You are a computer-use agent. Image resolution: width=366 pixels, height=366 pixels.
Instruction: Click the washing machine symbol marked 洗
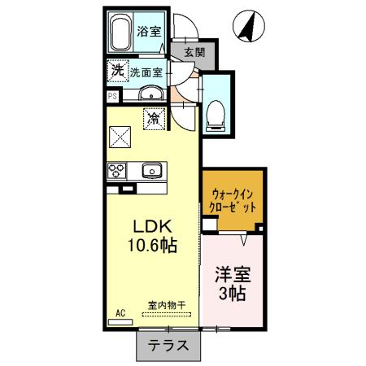pos(118,72)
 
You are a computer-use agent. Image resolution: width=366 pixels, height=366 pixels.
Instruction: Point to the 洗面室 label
pos(147,72)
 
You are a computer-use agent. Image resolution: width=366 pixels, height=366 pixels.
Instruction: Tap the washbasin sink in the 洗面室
pos(151,96)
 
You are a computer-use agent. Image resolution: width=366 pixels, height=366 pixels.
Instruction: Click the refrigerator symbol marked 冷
pos(153,119)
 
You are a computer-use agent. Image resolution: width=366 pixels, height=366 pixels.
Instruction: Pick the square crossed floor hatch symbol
pos(122,136)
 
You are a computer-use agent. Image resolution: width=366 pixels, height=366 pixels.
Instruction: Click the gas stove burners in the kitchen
pos(116,171)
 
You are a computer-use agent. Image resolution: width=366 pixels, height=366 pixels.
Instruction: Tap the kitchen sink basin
pos(151,171)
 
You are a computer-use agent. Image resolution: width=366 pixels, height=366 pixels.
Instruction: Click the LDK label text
pos(151,225)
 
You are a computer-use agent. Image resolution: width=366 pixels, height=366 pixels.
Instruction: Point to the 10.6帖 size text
pos(151,243)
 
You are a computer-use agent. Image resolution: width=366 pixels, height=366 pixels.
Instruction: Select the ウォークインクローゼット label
pos(233,200)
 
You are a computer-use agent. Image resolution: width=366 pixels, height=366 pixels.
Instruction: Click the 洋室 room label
pos(232,273)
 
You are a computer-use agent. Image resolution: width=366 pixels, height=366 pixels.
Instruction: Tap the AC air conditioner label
pos(120,312)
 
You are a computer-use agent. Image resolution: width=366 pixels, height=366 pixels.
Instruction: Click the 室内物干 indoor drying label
pos(166,305)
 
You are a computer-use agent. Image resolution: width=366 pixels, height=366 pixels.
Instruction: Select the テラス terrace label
pos(168,344)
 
